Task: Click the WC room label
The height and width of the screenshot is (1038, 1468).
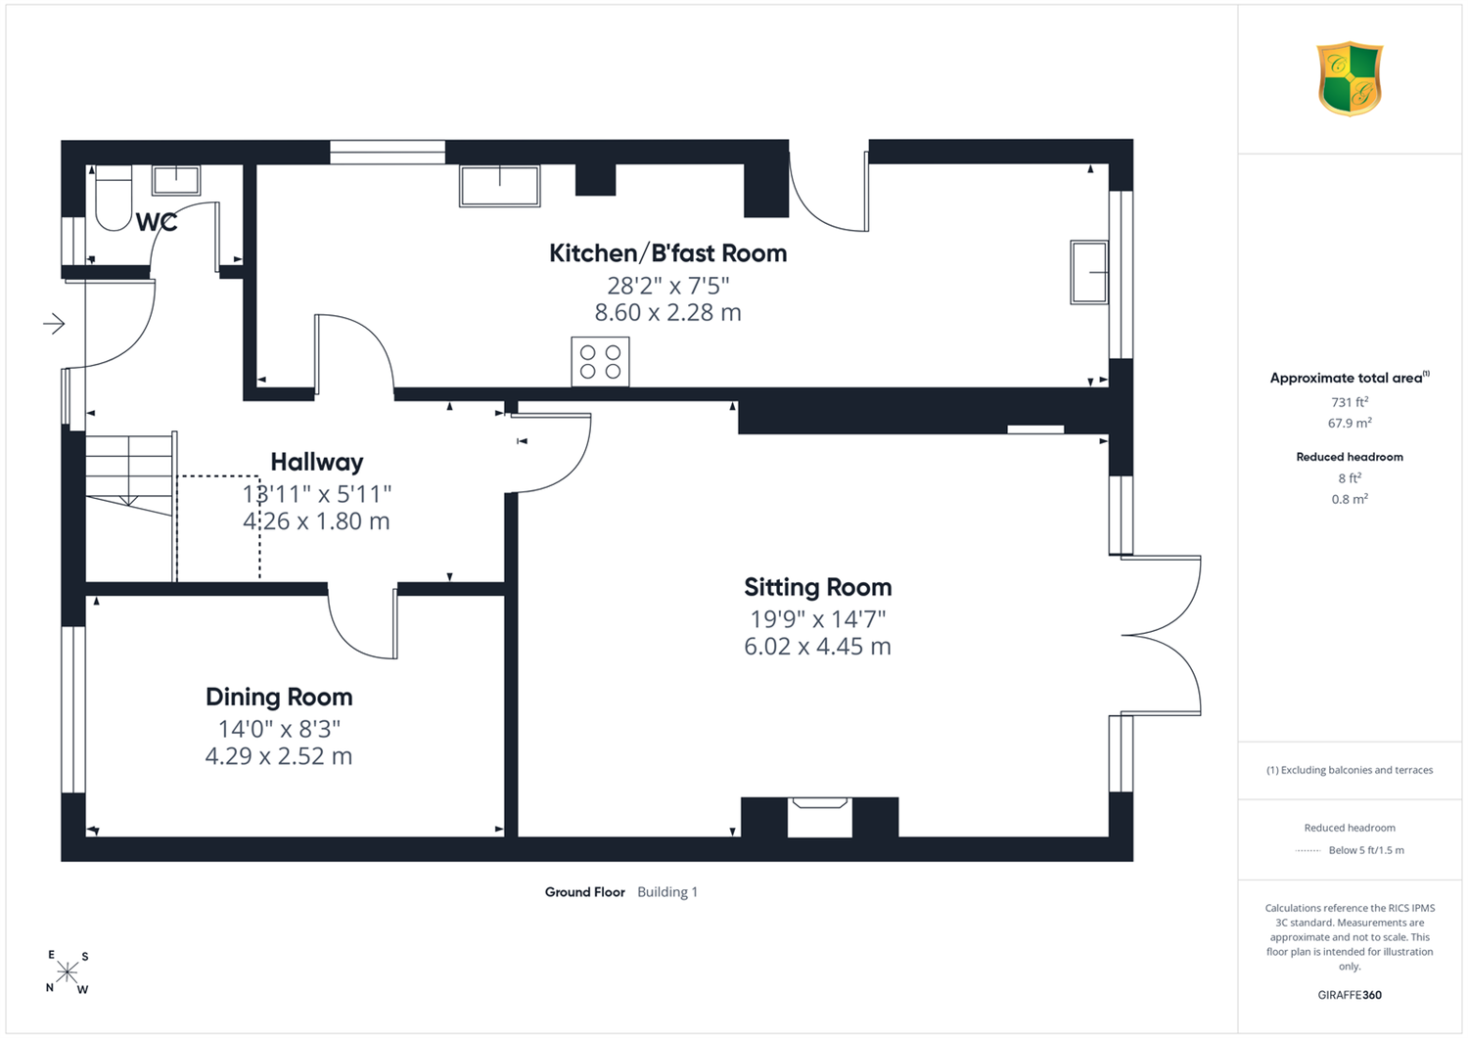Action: [x=157, y=222]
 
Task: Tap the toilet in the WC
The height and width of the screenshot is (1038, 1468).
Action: [x=114, y=198]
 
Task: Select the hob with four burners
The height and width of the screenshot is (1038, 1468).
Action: [x=600, y=362]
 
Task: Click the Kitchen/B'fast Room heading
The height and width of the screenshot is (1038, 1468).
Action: [x=667, y=253]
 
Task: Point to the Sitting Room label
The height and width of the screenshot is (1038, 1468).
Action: [x=818, y=587]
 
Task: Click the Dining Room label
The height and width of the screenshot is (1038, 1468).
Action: [x=279, y=697]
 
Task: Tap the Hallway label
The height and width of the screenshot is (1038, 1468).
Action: [x=317, y=462]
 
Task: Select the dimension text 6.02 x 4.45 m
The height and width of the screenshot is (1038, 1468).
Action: [x=817, y=646]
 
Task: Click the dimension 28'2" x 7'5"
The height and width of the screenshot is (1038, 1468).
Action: [x=667, y=286]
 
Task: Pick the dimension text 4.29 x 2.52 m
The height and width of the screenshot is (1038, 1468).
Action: [x=279, y=756]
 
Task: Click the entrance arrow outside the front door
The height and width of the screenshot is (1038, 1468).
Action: [x=55, y=323]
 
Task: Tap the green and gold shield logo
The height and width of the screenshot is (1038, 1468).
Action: [x=1350, y=78]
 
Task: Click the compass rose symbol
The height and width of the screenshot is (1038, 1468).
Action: [x=67, y=971]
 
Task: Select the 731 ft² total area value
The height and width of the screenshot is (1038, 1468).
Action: [x=1350, y=402]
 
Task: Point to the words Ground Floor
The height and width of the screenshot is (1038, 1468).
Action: [x=584, y=892]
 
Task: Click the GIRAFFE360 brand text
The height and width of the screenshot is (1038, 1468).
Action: [x=1350, y=995]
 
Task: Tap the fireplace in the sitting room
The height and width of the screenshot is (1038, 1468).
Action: [x=820, y=817]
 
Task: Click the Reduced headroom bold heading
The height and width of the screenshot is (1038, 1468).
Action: [x=1350, y=457]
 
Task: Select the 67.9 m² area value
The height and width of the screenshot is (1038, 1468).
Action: [x=1350, y=424]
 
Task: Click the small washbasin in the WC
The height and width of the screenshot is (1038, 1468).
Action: [x=176, y=180]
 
